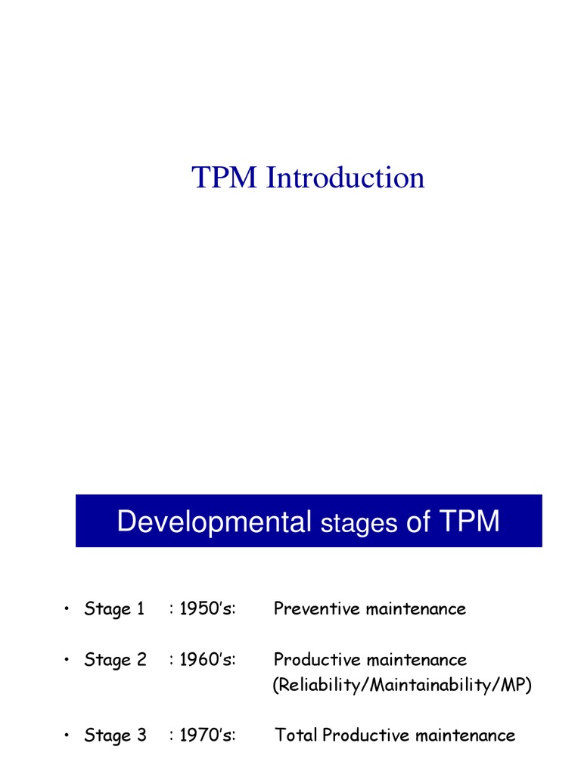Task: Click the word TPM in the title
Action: coord(225,178)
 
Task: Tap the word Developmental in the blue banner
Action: coord(214,522)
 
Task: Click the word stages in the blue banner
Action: coord(359,524)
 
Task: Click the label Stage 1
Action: coord(114,609)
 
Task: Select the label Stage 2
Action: coord(115,660)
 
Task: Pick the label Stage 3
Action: coord(115,735)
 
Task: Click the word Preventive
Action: coord(316,609)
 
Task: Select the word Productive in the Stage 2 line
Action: coord(316,660)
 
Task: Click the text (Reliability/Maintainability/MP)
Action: coord(402,686)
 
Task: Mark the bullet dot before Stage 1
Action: coord(67,609)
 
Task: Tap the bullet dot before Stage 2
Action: coord(67,660)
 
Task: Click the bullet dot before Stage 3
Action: coord(67,735)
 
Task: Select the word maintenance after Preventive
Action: coord(416,609)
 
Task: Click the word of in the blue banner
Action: coord(418,522)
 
